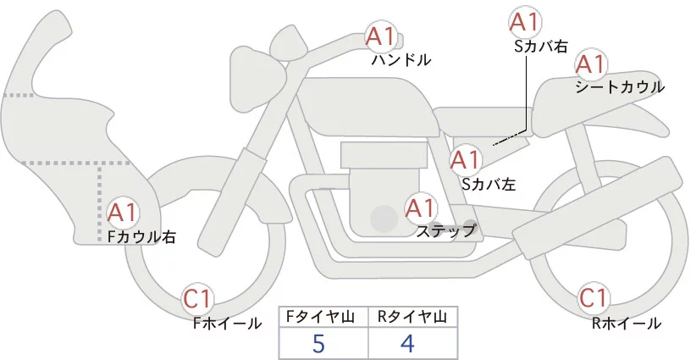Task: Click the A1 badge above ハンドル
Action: (380, 36)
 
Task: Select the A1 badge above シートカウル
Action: (589, 64)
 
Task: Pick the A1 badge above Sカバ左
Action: (465, 158)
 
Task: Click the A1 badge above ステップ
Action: (421, 207)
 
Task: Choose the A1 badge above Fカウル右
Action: (123, 212)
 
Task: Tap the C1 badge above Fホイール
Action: (199, 298)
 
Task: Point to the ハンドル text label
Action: (401, 61)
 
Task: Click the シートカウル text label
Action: (620, 87)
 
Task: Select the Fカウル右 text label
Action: (141, 238)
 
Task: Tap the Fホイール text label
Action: (227, 323)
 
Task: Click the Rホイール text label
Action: (627, 323)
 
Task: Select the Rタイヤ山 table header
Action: (412, 317)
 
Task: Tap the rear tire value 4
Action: (407, 345)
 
